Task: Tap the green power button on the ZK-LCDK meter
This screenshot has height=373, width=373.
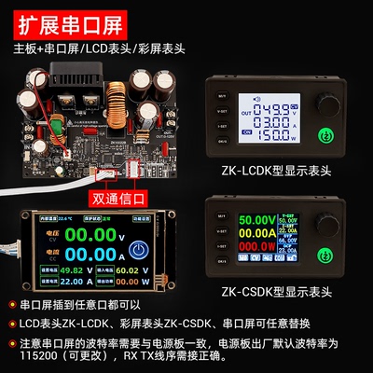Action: (x=328, y=136)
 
